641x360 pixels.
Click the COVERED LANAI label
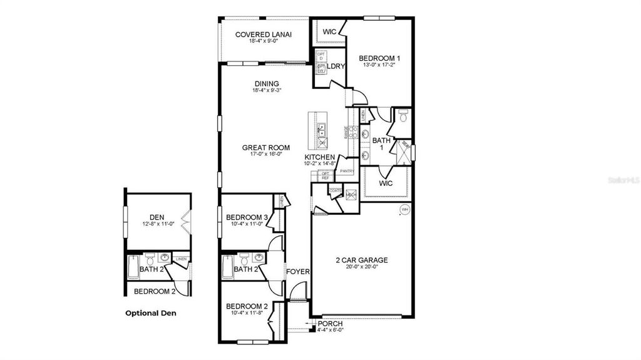point(264,34)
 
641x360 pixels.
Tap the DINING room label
point(267,84)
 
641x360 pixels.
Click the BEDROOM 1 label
point(379,58)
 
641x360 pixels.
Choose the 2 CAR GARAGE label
point(362,260)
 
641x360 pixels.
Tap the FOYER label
point(298,272)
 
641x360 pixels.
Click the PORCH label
point(330,323)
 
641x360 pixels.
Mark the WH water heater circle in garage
point(404,209)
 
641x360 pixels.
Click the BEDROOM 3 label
point(247,217)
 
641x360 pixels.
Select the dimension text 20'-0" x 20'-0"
point(362,267)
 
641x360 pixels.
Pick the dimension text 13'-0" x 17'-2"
point(379,64)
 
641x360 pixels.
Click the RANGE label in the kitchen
point(346,131)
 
